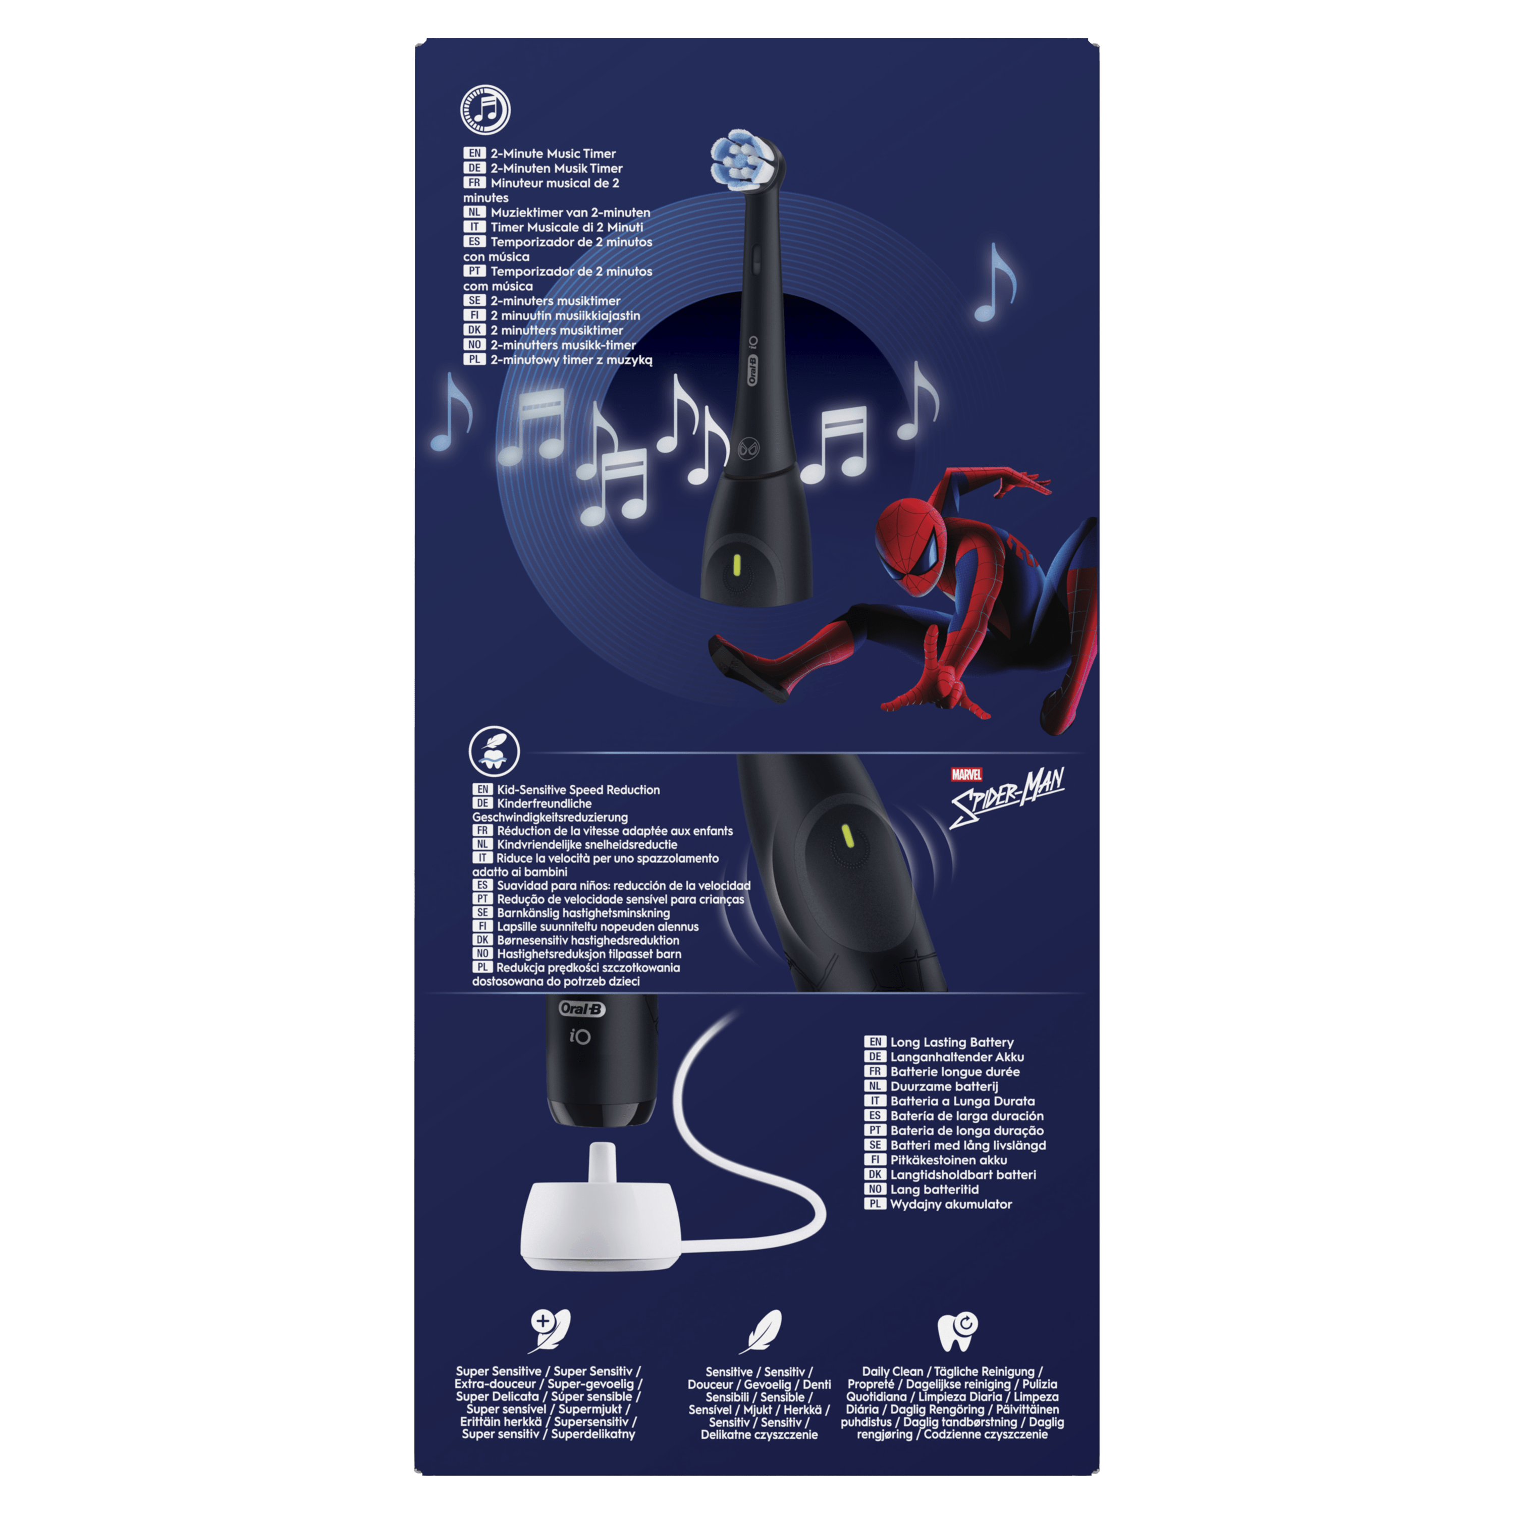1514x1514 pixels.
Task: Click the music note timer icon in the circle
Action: point(485,110)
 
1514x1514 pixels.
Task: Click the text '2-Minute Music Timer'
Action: point(553,153)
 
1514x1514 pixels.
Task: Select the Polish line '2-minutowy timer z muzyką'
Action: point(571,360)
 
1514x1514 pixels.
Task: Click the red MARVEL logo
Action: point(966,774)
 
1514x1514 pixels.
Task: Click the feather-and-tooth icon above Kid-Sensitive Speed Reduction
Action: point(494,751)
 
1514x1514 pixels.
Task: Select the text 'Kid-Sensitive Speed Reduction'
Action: point(578,790)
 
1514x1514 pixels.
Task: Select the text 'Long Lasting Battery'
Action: point(952,1042)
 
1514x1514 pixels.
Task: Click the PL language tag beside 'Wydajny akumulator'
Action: point(875,1204)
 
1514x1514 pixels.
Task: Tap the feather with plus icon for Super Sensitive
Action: point(549,1331)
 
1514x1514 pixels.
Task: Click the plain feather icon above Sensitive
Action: point(760,1331)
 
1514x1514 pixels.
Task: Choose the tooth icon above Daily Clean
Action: point(958,1331)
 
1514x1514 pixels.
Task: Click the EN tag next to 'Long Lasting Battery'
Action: point(875,1042)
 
